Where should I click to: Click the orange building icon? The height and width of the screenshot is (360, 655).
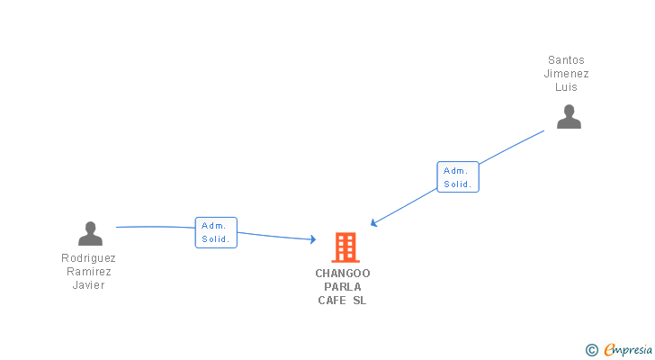345,247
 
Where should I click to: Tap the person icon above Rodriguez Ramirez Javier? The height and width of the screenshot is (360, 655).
90,234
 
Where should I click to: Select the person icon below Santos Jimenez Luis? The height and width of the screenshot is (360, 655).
569,117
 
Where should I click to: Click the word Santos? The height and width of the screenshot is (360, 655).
566,60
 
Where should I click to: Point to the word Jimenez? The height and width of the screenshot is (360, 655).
566,74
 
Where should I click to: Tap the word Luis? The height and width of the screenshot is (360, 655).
566,87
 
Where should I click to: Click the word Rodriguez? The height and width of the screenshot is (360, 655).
88,258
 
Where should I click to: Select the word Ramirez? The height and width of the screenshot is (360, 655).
88,272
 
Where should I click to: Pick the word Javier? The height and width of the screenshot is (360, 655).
88,285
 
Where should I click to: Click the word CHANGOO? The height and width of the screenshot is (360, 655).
343,274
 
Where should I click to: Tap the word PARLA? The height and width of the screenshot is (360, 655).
343,287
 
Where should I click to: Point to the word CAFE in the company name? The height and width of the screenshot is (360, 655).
332,301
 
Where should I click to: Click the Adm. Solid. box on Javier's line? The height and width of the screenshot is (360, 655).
216,232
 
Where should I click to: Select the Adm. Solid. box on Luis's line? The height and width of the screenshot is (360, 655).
458,176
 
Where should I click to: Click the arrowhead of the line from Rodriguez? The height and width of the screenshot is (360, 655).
312,239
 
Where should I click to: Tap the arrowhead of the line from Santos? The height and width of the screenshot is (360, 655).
374,222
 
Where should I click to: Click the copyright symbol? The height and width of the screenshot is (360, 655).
591,350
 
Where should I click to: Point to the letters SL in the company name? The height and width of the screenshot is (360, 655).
360,301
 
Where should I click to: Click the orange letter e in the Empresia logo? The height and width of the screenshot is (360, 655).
609,350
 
